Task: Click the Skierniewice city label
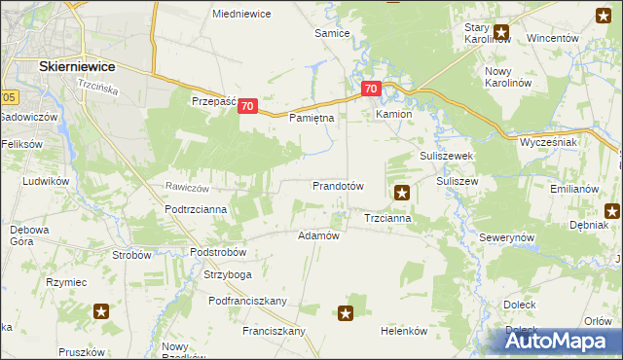tap(77, 65)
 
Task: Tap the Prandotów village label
tap(338, 185)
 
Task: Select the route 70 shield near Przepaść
tap(247, 106)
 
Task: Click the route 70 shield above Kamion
tap(371, 89)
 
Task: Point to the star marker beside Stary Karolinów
tap(501, 31)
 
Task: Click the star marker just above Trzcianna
tap(401, 194)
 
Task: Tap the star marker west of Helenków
tap(346, 312)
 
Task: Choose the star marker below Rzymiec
tap(101, 311)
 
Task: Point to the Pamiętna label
tap(312, 118)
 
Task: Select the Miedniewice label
tap(241, 14)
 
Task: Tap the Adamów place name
tap(318, 235)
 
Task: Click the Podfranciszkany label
tap(247, 301)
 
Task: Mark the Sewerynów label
tap(507, 237)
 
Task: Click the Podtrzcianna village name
tap(196, 209)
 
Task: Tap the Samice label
tap(331, 33)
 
